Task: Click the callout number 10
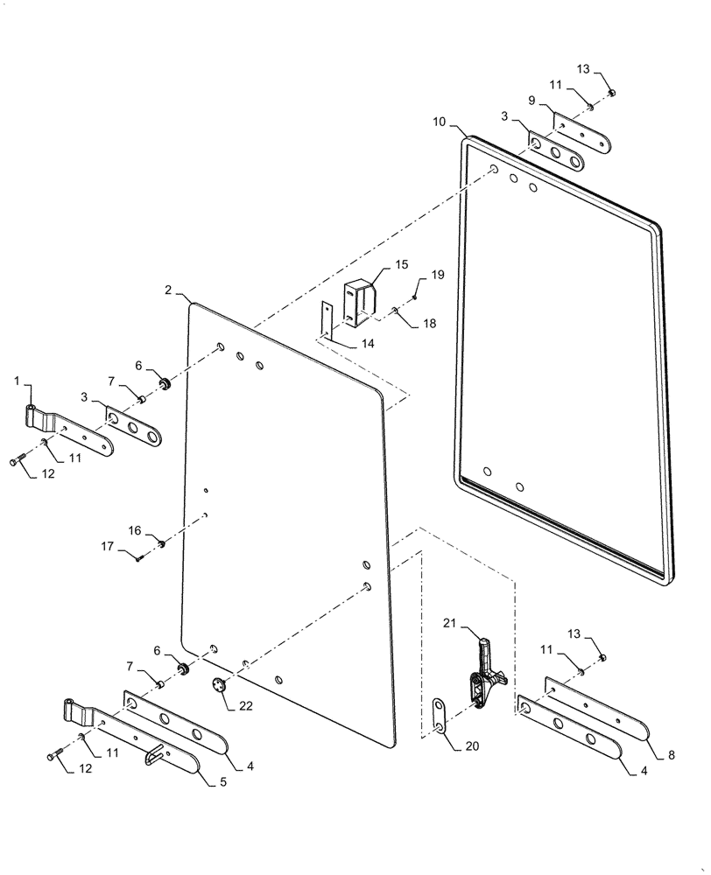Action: click(439, 123)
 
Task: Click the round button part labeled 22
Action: click(219, 686)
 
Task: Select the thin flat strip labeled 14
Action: click(327, 318)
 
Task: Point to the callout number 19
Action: click(438, 274)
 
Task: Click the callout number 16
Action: click(136, 530)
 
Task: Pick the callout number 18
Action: click(429, 324)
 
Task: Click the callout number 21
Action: click(450, 623)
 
